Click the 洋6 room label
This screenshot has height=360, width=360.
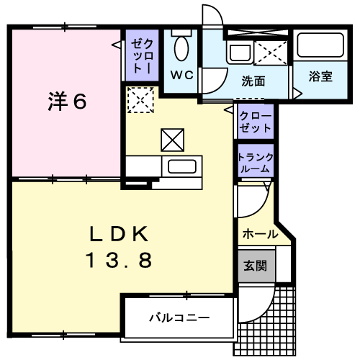pos(68,102)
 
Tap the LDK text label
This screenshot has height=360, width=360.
pos(119,234)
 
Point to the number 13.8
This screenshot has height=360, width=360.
pos(119,260)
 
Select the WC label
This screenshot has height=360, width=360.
pos(182,75)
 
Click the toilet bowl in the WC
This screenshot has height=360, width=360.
pos(181,48)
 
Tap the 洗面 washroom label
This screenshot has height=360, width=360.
pos(253,81)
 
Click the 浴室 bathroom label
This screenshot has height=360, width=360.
pos(320,76)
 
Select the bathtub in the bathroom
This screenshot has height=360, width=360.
pos(320,45)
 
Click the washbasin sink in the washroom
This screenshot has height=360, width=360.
pos(240,53)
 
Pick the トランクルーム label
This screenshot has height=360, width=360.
pos(256,163)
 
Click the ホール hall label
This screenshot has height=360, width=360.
pos(261,234)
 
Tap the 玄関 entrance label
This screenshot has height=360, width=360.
pos(256,266)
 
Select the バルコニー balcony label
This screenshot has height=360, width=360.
pos(179,318)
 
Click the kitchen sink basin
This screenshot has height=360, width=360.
pos(182,166)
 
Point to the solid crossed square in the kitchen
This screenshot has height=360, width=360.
pos(173,140)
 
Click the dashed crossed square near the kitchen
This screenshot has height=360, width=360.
pos(140,100)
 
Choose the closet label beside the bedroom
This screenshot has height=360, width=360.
pos(142,56)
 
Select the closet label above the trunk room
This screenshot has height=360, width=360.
pos(256,122)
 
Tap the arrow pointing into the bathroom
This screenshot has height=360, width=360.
pos(297,94)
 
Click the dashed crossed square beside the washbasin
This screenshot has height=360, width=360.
pos(271,53)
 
